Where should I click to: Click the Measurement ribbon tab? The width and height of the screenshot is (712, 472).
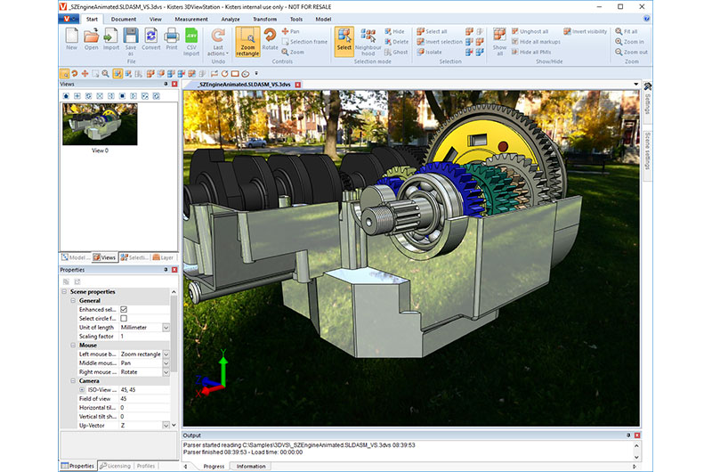tap(191, 18)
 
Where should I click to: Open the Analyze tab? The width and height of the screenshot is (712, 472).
tap(230, 18)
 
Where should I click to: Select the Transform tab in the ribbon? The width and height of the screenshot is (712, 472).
tap(264, 18)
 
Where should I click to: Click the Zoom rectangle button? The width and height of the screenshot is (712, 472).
tap(247, 44)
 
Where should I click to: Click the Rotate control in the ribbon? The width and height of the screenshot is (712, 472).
tap(271, 39)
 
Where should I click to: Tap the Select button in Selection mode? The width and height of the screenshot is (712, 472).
tap(344, 43)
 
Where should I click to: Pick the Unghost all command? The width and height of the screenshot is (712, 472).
tap(533, 31)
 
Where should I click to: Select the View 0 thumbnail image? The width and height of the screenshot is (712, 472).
tap(100, 124)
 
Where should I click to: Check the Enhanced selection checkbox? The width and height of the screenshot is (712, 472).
tap(124, 309)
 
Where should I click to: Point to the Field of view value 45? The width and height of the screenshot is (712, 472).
tap(125, 398)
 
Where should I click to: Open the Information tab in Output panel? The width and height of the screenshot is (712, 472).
tap(251, 466)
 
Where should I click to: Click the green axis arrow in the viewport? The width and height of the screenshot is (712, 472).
tap(222, 365)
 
